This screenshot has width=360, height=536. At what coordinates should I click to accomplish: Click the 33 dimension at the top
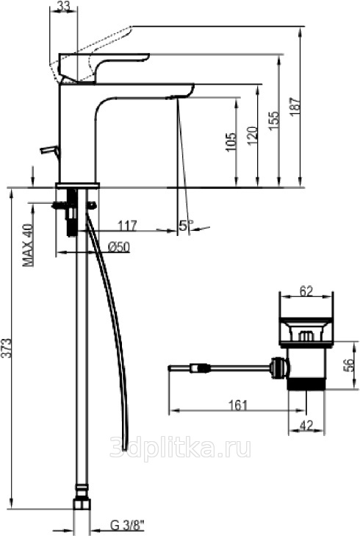pos(63,6)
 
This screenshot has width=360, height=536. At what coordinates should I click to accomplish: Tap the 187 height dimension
pos(296,107)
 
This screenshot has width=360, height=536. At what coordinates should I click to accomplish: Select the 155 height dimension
pos(274,121)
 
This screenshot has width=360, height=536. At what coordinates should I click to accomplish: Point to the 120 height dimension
pos(252,135)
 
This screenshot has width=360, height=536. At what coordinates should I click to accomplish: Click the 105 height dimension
pos(231,141)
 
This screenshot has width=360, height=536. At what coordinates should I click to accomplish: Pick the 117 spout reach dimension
pos(127,226)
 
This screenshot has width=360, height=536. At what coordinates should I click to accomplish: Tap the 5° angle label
pos(186,225)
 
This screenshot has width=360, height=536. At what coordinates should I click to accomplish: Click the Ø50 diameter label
pos(118,246)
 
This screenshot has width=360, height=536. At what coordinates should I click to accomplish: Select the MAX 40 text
pos(29,244)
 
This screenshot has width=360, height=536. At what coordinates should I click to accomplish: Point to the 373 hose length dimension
pos(7,348)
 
